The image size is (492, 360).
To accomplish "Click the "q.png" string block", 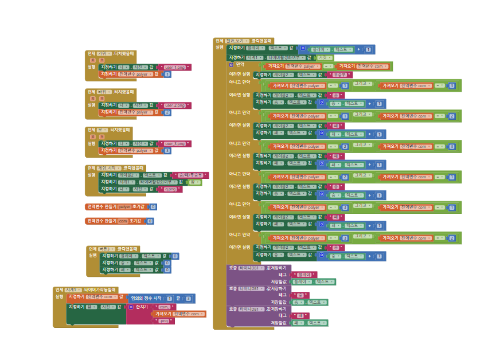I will [x=170, y=189].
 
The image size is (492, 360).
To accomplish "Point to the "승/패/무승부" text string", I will [x=190, y=175].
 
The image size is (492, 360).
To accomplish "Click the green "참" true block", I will [x=194, y=182].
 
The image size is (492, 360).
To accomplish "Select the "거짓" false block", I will [x=325, y=57].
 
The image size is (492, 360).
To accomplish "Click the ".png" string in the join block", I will [x=165, y=321].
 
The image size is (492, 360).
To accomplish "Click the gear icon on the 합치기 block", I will [x=131, y=307].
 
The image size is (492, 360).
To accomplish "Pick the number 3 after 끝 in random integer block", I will [x=190, y=298].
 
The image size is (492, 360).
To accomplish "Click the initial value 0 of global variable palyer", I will [x=153, y=207].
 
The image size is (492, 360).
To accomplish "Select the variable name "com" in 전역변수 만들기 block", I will [x=122, y=221].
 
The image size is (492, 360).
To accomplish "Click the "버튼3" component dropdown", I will [x=106, y=249].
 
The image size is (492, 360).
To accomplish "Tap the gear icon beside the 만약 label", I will [x=231, y=65].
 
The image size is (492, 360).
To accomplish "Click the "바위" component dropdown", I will [x=103, y=92].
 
